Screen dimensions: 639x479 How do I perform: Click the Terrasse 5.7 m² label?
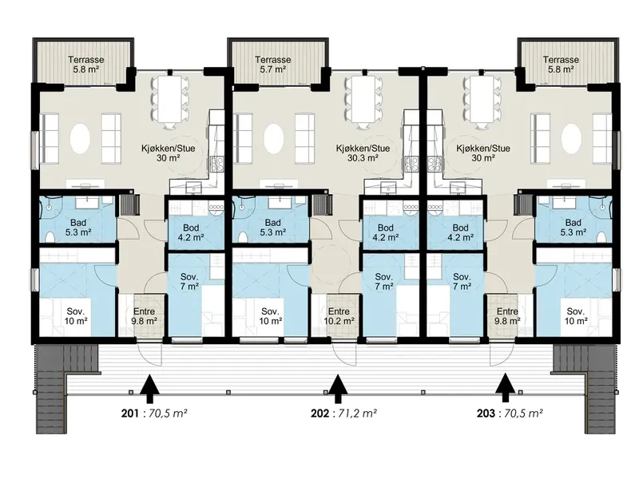[272, 65]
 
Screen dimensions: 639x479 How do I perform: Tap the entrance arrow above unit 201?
[149, 390]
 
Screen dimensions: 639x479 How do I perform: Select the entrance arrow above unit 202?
[337, 390]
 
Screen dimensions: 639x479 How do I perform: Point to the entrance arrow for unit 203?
[506, 390]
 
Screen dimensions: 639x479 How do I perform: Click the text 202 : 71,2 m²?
[343, 414]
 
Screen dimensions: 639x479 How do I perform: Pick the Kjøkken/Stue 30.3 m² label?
[363, 152]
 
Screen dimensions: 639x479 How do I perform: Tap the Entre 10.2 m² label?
[339, 316]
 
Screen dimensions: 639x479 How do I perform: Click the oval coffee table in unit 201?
[80, 139]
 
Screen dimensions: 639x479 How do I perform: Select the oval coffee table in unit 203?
[571, 139]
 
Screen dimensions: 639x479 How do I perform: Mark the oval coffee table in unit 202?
[273, 139]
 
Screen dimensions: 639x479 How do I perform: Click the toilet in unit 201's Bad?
[50, 236]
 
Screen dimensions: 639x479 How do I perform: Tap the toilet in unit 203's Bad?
[601, 236]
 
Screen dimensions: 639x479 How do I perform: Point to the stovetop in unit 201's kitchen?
[216, 164]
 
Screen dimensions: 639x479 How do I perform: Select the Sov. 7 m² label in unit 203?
[462, 282]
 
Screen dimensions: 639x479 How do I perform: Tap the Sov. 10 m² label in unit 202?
[271, 316]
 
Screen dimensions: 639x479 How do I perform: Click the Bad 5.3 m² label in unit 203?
[573, 228]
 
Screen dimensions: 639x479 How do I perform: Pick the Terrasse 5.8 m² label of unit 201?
[86, 65]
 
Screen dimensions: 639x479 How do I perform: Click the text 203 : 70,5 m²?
[510, 414]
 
